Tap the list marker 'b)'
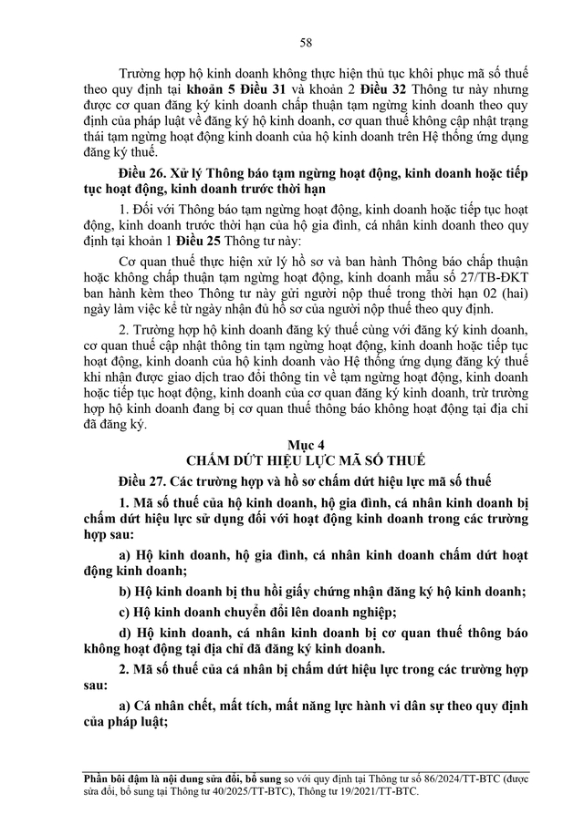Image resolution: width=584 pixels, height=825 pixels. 128,590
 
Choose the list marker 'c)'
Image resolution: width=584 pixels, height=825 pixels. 127,612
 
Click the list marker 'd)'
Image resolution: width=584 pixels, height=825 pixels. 128,634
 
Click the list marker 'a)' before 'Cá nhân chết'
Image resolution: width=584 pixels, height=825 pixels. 127,706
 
